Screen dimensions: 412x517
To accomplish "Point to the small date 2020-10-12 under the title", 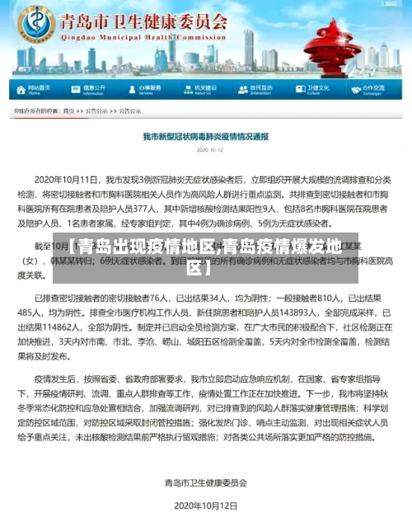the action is [x=205, y=150].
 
